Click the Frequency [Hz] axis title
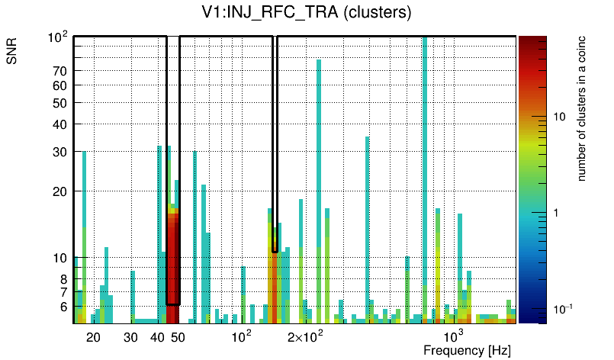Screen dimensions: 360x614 (467, 350)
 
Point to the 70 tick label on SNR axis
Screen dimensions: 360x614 (61, 71)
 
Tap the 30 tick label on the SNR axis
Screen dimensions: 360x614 (61, 152)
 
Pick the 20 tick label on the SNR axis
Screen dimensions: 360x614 (61, 191)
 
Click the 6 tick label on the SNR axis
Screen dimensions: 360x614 (64, 307)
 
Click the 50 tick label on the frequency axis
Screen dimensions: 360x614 (178, 337)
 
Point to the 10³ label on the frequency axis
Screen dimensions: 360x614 (453, 336)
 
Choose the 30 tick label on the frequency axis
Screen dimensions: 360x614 (130, 337)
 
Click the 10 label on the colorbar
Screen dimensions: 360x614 (558, 117)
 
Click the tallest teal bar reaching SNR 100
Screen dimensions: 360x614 (425, 153)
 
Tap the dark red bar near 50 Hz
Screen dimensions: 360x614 (173, 259)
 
